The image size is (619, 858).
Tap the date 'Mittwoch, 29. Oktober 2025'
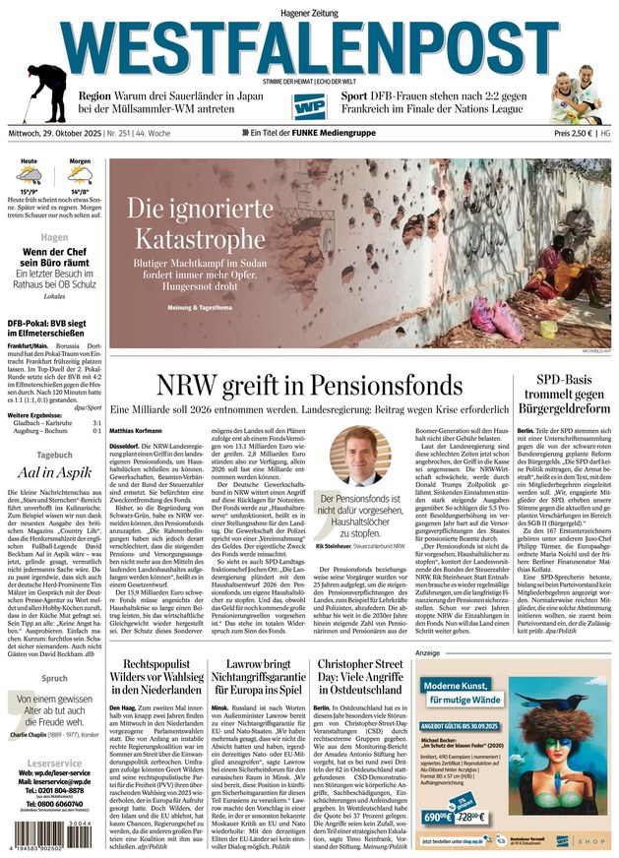coord(61,133)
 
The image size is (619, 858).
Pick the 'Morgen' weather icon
coord(79,176)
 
